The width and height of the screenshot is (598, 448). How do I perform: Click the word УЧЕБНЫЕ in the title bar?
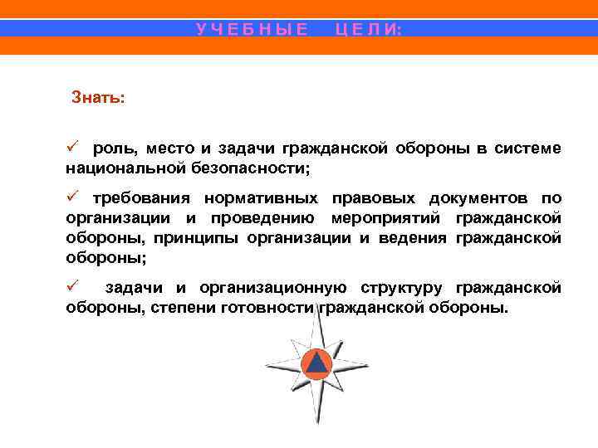(x=252, y=29)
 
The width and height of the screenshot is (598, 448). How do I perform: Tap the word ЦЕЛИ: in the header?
(x=368, y=29)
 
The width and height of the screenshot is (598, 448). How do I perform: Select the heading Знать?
(x=99, y=98)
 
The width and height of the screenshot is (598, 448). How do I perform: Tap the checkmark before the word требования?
(x=72, y=197)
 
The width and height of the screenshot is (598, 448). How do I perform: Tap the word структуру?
(x=404, y=289)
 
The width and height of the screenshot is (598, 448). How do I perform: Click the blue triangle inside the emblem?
(x=316, y=363)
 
